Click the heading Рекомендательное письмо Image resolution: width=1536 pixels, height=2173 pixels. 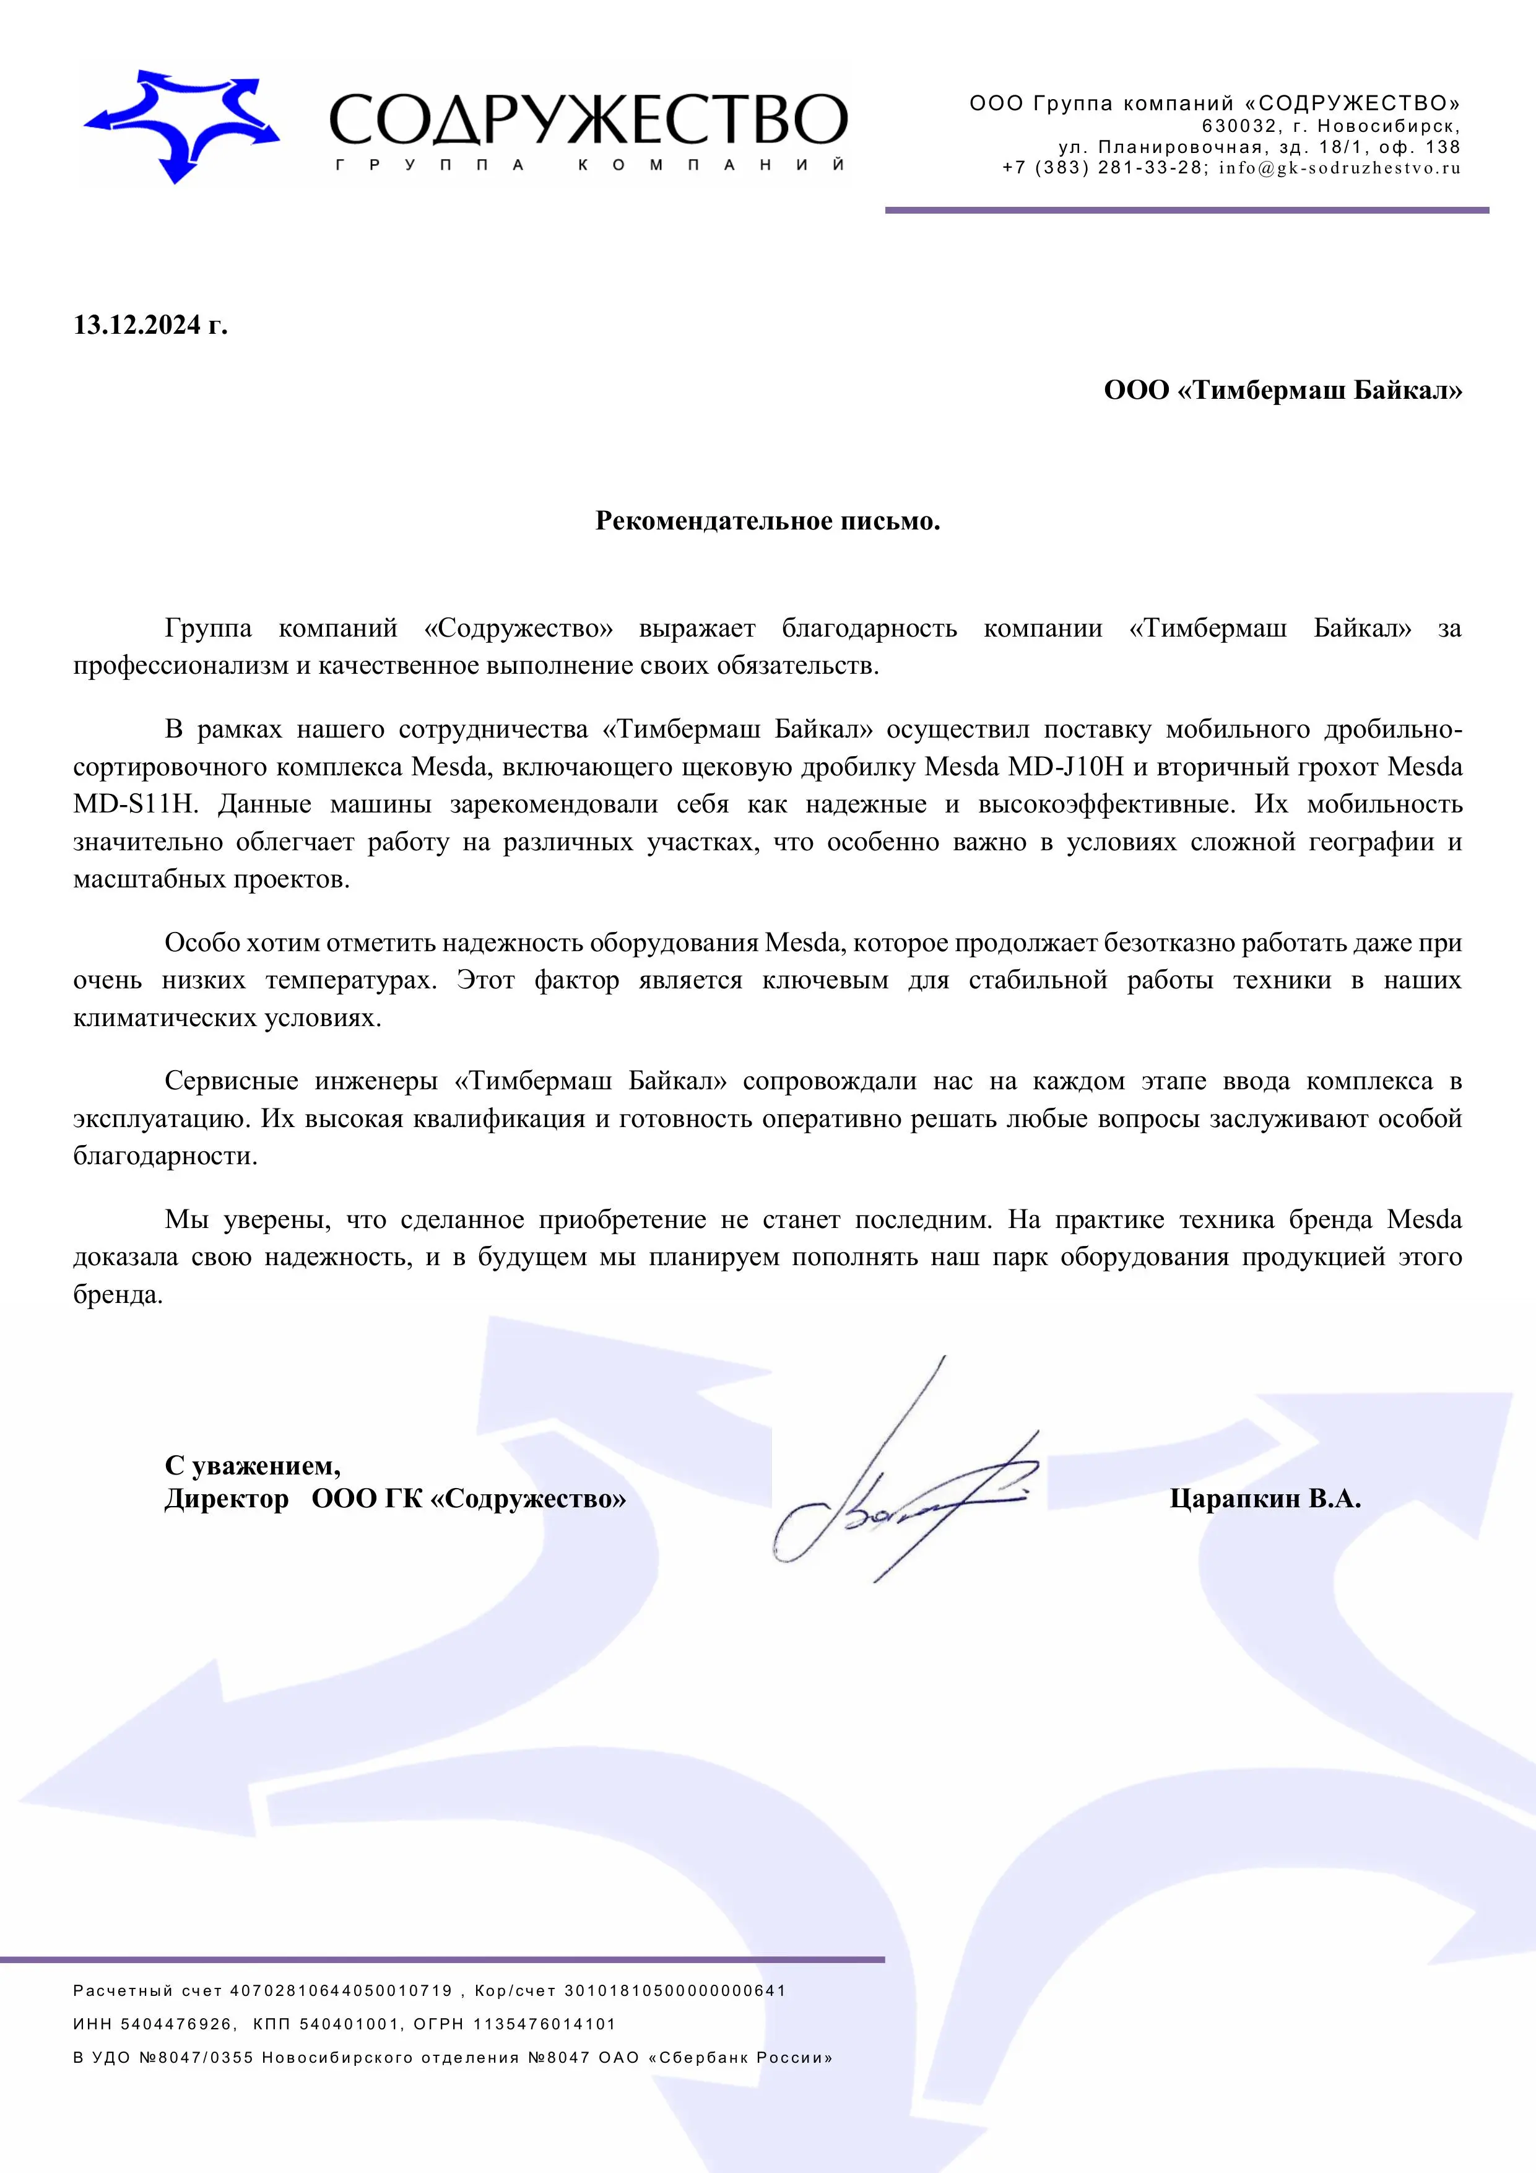[768, 521]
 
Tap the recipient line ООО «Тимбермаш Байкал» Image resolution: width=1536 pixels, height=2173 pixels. [1282, 390]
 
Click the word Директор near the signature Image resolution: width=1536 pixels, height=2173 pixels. [226, 1500]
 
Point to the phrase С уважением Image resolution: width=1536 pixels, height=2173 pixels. [252, 1466]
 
